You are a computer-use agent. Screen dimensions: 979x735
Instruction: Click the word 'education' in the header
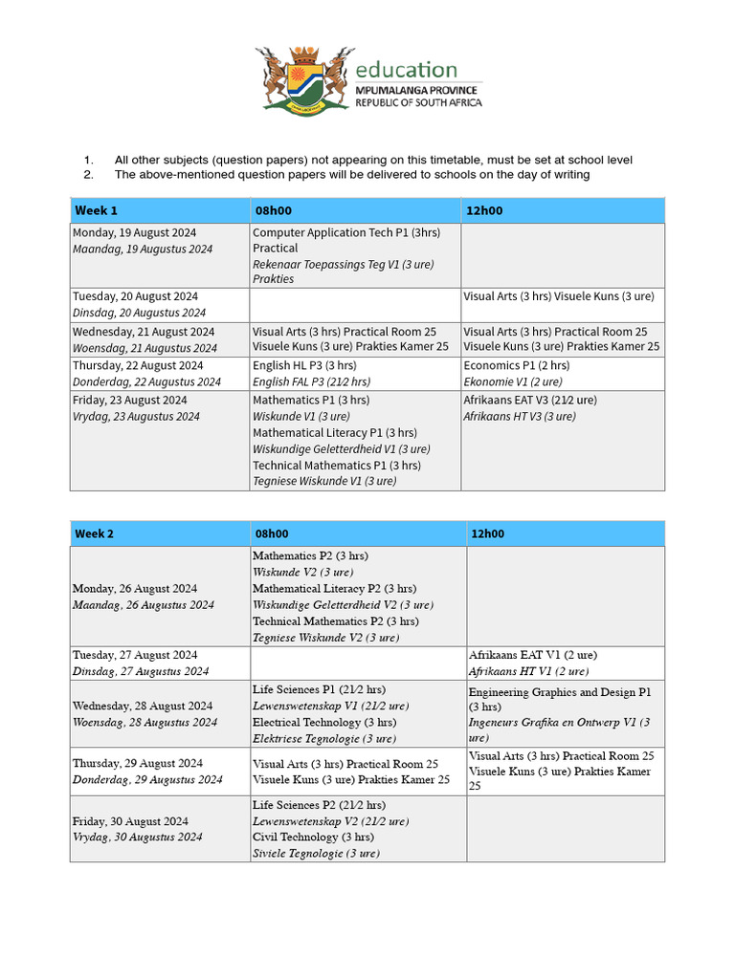click(x=406, y=70)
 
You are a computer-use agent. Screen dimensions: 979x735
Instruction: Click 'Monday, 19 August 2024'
click(x=135, y=232)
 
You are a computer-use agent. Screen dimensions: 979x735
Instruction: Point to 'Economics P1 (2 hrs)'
click(x=517, y=365)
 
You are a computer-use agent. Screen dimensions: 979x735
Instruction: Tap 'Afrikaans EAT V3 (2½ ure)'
click(x=530, y=400)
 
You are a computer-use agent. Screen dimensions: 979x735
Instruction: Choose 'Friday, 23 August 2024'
click(x=130, y=400)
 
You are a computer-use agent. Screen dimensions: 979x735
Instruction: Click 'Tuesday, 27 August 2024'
click(x=136, y=655)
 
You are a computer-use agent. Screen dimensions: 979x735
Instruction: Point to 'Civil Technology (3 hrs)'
click(x=310, y=837)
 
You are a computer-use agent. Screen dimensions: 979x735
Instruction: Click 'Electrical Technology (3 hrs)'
click(x=323, y=722)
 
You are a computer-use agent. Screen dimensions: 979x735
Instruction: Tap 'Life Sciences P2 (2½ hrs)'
click(x=319, y=805)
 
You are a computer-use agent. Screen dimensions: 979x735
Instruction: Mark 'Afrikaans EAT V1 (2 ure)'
click(x=532, y=655)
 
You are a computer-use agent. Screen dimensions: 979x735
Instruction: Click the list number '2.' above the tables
click(x=88, y=175)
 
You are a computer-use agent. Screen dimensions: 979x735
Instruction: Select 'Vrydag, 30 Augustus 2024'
click(x=138, y=837)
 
